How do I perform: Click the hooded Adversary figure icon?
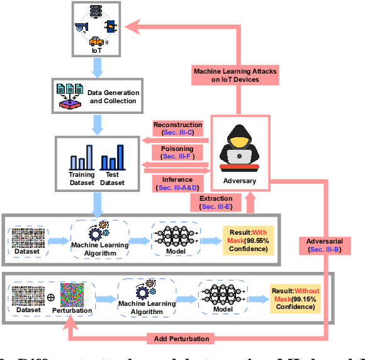click(x=239, y=149)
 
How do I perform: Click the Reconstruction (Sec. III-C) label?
click(x=178, y=129)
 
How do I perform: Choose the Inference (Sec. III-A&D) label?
click(x=178, y=183)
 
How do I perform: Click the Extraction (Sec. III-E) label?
click(x=216, y=202)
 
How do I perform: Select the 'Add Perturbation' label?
click(x=182, y=339)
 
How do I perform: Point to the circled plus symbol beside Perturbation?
click(x=50, y=296)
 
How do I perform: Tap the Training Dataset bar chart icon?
click(x=82, y=157)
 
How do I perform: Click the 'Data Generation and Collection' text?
click(x=113, y=96)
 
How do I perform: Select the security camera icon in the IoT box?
click(x=80, y=28)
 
